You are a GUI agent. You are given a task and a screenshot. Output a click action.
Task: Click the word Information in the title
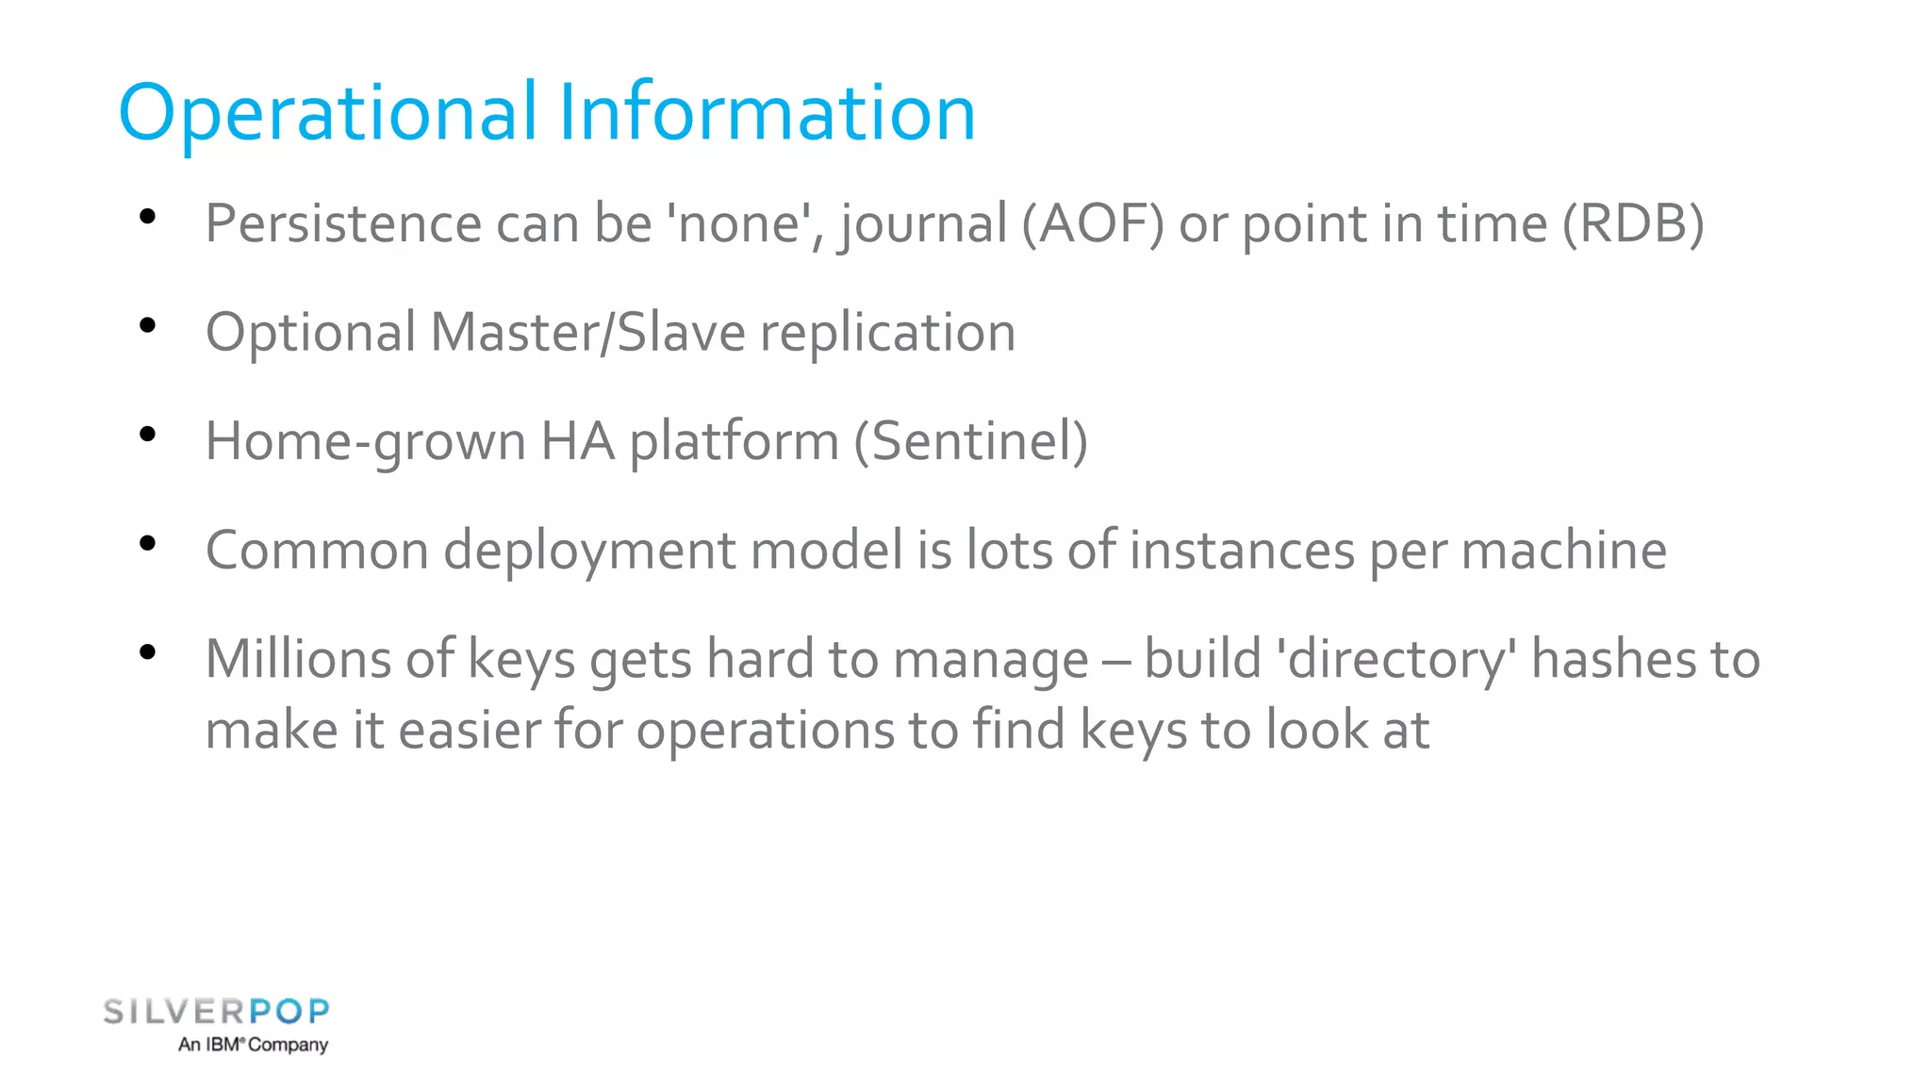point(766,112)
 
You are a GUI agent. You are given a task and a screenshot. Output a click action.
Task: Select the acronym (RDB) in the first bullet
point(1633,224)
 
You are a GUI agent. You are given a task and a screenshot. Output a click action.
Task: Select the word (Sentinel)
point(970,441)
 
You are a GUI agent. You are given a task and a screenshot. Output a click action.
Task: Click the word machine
point(1563,551)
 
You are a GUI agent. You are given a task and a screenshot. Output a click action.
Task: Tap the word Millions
point(297,658)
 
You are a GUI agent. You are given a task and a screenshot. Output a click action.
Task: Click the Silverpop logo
point(216,1012)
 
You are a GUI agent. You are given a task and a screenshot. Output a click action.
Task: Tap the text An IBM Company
point(253,1045)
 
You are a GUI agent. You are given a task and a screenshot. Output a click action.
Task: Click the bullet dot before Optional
point(147,326)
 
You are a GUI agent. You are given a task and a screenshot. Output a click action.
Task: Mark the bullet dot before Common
point(147,544)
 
